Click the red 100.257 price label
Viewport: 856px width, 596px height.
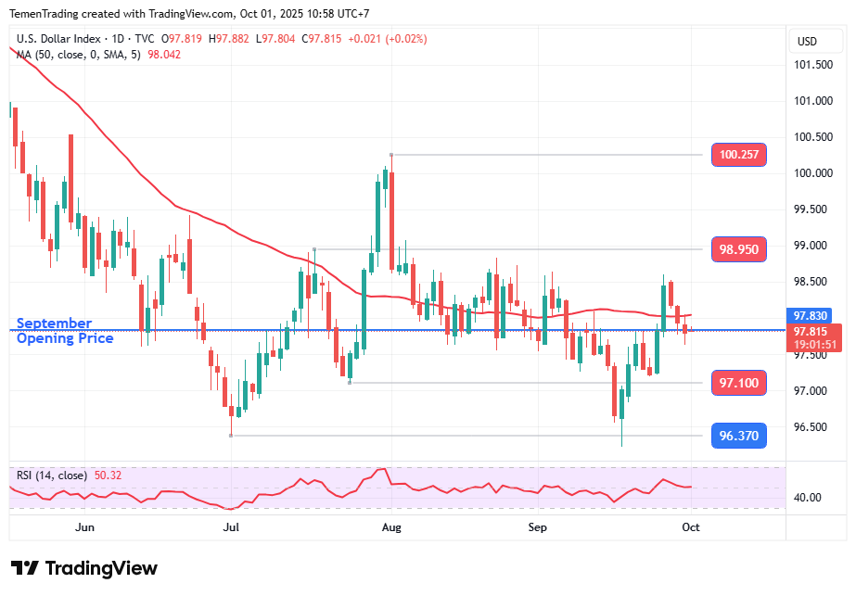click(738, 155)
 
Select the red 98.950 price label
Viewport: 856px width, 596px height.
click(738, 249)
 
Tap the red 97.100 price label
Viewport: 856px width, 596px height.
click(738, 383)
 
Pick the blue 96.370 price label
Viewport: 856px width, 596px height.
click(738, 436)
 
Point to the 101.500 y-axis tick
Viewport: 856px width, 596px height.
click(811, 65)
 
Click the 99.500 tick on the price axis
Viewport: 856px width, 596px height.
click(811, 209)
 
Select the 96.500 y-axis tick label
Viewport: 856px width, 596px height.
click(811, 427)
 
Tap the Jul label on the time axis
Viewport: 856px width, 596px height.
click(231, 526)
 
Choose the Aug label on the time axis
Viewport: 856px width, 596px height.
click(391, 526)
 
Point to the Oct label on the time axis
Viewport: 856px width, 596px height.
click(690, 526)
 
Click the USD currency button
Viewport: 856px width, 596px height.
click(807, 42)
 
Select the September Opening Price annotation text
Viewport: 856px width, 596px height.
click(65, 331)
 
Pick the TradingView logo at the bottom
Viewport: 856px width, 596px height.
click(84, 568)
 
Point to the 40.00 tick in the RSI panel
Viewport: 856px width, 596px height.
click(808, 498)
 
